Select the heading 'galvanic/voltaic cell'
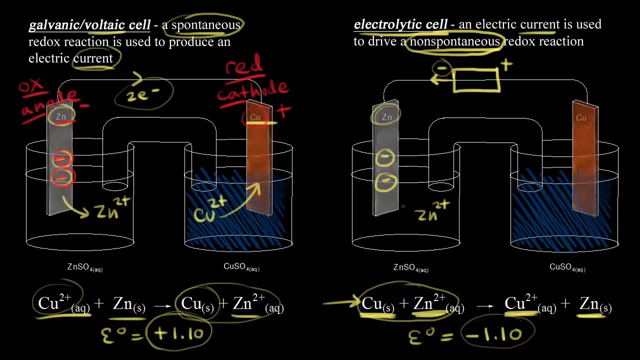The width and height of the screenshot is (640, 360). pos(89,25)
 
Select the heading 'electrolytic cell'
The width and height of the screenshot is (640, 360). pos(400,24)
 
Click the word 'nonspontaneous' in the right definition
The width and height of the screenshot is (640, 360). pos(455,41)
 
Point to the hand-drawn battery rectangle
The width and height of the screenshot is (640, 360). pos(476,80)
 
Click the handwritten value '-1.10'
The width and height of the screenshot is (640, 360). pos(498,333)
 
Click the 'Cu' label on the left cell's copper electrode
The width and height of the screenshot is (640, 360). pos(255,118)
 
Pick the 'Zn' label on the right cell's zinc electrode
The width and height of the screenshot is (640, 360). pos(387,117)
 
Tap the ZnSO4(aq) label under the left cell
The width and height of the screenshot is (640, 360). pos(85,267)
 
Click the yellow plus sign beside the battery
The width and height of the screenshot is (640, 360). pos(506,64)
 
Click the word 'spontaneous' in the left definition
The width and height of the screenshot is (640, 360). pos(206,25)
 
